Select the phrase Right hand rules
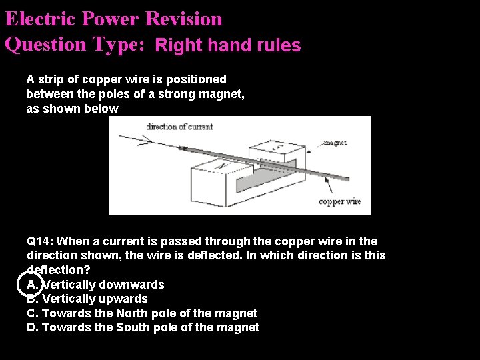point(228,45)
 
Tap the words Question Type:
point(75,45)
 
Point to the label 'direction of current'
point(179,127)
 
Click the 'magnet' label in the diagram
point(334,142)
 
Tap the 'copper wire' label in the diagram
point(339,201)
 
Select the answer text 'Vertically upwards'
point(95,299)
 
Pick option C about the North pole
point(142,313)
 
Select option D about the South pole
point(143,327)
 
